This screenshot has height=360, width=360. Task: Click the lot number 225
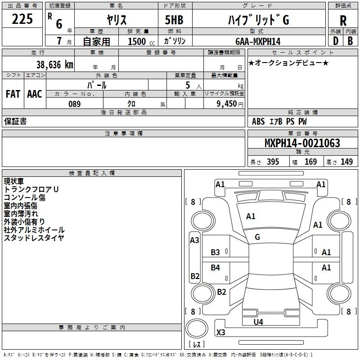point(22,19)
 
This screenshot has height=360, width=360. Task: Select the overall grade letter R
point(343,21)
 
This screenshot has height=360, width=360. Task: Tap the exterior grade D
point(336,41)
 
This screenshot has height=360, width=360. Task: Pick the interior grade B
point(350,41)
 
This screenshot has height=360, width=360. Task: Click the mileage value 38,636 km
point(54,65)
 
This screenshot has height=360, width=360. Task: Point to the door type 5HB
point(174,20)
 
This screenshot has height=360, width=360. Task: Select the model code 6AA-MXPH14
point(258,41)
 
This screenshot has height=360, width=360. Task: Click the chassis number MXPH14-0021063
point(302,143)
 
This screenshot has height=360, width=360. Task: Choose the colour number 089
point(75,104)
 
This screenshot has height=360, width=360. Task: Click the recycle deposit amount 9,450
point(227,103)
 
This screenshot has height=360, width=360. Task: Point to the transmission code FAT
point(13,94)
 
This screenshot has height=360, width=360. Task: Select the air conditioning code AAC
point(35,94)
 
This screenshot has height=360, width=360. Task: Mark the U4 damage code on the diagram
point(258,322)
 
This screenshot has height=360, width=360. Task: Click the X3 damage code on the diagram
point(220,333)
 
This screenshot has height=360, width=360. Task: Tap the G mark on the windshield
point(257,237)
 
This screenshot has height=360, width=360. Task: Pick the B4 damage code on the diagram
point(216,267)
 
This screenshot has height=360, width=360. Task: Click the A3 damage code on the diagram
point(194,240)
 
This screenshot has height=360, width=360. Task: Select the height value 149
point(346,162)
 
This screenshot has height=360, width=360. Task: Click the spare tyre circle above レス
point(197,328)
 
